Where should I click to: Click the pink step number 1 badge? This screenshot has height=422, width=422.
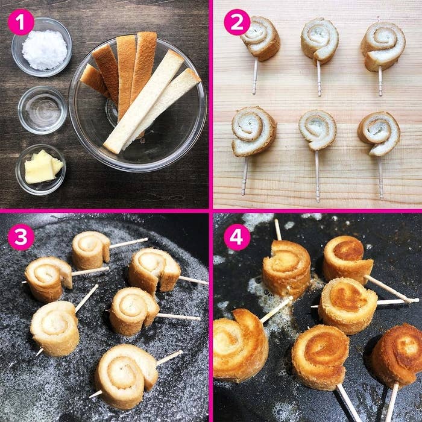(x=21, y=23)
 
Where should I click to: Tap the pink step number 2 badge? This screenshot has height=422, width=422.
(x=237, y=22)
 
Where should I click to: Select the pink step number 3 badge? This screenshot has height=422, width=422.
(x=21, y=237)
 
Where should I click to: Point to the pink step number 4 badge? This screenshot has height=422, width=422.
(x=237, y=237)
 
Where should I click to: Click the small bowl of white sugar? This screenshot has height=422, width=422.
(x=42, y=48)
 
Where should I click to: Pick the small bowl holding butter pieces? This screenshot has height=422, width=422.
(x=41, y=169)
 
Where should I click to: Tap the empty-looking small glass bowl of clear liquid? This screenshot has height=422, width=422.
(x=43, y=110)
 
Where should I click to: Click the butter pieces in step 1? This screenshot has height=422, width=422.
(x=43, y=167)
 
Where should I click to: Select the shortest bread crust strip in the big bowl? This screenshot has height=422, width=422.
(x=93, y=80)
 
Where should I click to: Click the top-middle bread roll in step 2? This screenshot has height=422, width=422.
(x=320, y=40)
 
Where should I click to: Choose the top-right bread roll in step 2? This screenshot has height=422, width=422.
(x=383, y=46)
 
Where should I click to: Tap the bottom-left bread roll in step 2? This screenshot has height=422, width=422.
(x=253, y=131)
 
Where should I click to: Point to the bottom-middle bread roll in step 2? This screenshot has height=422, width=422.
(x=318, y=130)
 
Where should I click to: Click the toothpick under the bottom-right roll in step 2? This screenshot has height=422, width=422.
(x=380, y=178)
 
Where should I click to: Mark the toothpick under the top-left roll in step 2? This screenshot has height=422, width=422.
(x=255, y=76)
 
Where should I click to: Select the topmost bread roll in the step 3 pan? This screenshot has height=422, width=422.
(x=91, y=250)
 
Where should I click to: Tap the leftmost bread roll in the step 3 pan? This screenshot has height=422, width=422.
(x=48, y=279)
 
